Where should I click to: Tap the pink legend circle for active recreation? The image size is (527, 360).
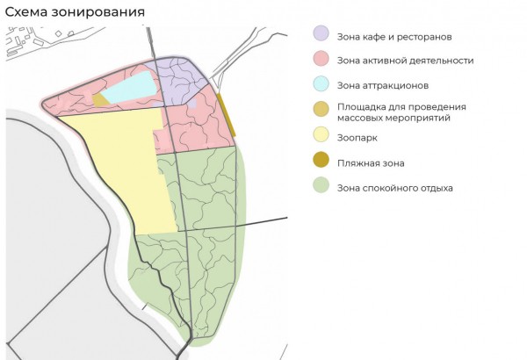coord(321,61)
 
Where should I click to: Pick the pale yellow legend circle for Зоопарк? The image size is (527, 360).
coord(321,135)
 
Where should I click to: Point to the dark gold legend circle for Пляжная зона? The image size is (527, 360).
coord(321,162)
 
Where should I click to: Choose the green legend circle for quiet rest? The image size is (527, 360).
coord(321,186)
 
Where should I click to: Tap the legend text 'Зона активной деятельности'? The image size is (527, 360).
coord(406,61)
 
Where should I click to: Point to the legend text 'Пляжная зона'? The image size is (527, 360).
coord(371,162)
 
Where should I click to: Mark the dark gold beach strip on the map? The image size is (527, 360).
coord(226,115)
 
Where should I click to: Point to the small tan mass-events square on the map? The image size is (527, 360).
coord(100,99)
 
